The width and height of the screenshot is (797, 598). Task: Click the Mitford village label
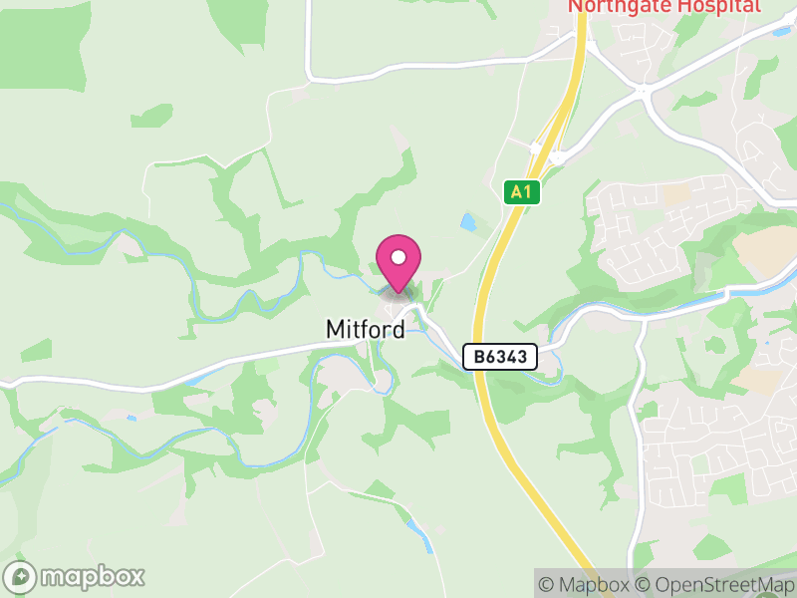(366, 329)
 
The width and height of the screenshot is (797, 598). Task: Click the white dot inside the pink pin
(398, 257)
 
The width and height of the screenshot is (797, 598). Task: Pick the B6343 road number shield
(500, 356)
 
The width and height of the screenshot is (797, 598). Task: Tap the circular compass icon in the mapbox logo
(20, 577)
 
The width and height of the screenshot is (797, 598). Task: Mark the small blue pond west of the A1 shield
(469, 222)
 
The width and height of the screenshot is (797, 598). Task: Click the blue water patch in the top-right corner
(782, 31)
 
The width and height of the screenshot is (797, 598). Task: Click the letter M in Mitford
(336, 329)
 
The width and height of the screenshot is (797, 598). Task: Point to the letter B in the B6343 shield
(478, 356)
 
